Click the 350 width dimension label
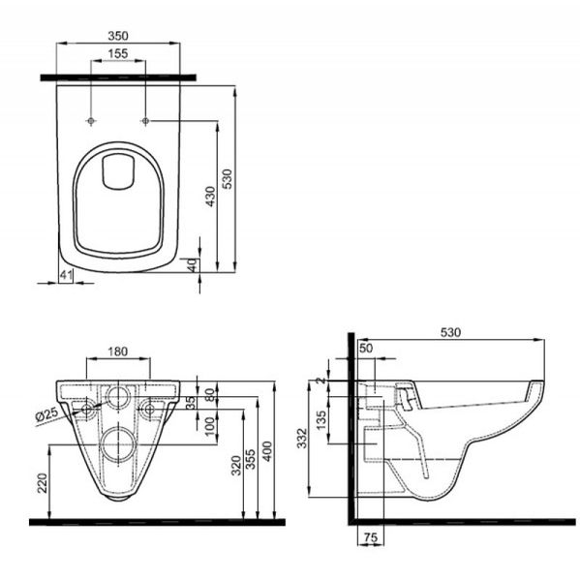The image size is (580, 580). coord(118,36)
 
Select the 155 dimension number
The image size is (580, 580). coord(118,53)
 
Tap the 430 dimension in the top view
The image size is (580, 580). coord(210,197)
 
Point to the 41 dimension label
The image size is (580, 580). coord(66,275)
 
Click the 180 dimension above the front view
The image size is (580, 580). coord(118,351)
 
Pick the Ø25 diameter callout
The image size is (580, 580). coord(47,414)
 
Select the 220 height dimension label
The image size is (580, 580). coord(43,483)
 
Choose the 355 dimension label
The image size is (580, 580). coord(251,459)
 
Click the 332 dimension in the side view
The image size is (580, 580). coord(302,438)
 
